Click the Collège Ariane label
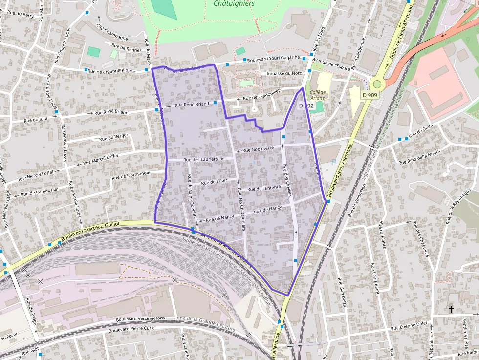pos(318,95)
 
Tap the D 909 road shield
pos(370,95)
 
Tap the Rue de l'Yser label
pos(215,182)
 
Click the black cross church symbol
pos(451,309)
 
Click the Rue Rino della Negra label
pos(419,157)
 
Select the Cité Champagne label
pos(112,32)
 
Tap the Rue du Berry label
pos(21,15)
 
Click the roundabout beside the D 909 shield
pos(377,84)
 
